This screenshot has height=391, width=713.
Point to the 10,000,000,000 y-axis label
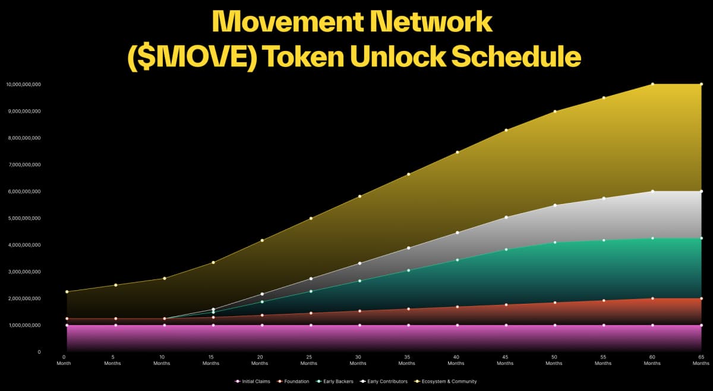(23, 85)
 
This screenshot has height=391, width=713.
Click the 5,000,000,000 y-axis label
(23, 218)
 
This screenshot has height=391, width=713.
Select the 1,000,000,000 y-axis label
(23, 325)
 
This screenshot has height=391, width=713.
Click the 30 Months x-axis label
(358, 360)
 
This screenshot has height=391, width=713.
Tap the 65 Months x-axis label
(701, 360)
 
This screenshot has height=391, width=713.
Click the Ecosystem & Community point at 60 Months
(652, 84)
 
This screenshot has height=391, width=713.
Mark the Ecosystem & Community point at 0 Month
(67, 291)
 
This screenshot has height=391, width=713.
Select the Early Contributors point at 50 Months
(554, 205)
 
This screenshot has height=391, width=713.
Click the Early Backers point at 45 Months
(506, 249)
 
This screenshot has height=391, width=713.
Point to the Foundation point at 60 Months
(652, 298)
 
